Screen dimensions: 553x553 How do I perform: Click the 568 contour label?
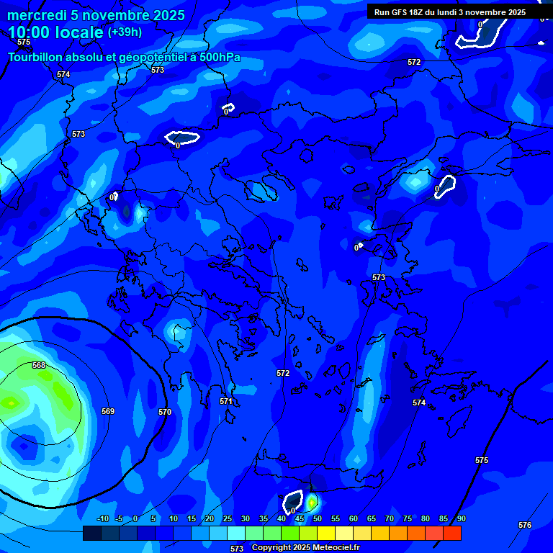(x=39, y=365)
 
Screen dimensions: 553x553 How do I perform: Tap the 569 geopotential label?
(x=108, y=411)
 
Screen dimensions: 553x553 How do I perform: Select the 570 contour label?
(x=165, y=412)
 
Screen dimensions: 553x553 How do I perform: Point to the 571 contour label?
(x=226, y=401)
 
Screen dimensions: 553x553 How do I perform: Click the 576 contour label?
(x=525, y=525)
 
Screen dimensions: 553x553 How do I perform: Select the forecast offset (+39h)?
(x=125, y=32)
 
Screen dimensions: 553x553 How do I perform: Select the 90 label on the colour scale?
(x=461, y=518)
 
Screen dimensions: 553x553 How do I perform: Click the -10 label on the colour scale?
(x=102, y=518)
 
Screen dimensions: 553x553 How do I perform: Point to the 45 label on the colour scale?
(x=299, y=518)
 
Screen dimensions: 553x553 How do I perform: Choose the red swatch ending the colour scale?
(x=451, y=533)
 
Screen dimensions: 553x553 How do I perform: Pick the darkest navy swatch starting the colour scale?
(x=91, y=533)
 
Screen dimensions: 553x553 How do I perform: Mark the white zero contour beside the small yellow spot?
(x=293, y=501)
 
